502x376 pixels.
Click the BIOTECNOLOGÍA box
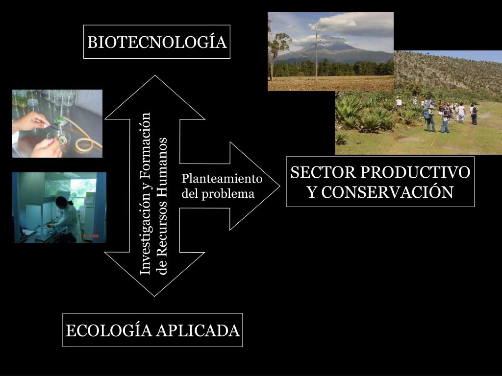[x=157, y=42]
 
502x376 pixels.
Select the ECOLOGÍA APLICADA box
[x=152, y=330]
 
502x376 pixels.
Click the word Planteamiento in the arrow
[x=222, y=179]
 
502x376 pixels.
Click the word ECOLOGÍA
[x=109, y=331]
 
